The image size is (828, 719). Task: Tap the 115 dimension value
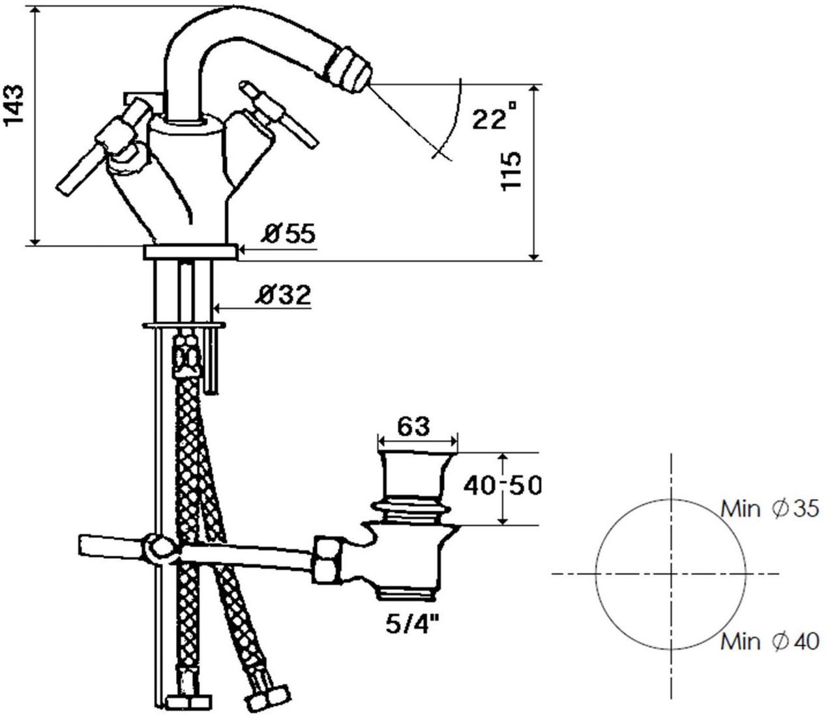click(x=510, y=171)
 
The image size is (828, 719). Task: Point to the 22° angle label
click(x=495, y=116)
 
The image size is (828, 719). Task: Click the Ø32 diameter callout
click(x=284, y=295)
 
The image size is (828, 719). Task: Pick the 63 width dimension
click(x=413, y=426)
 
